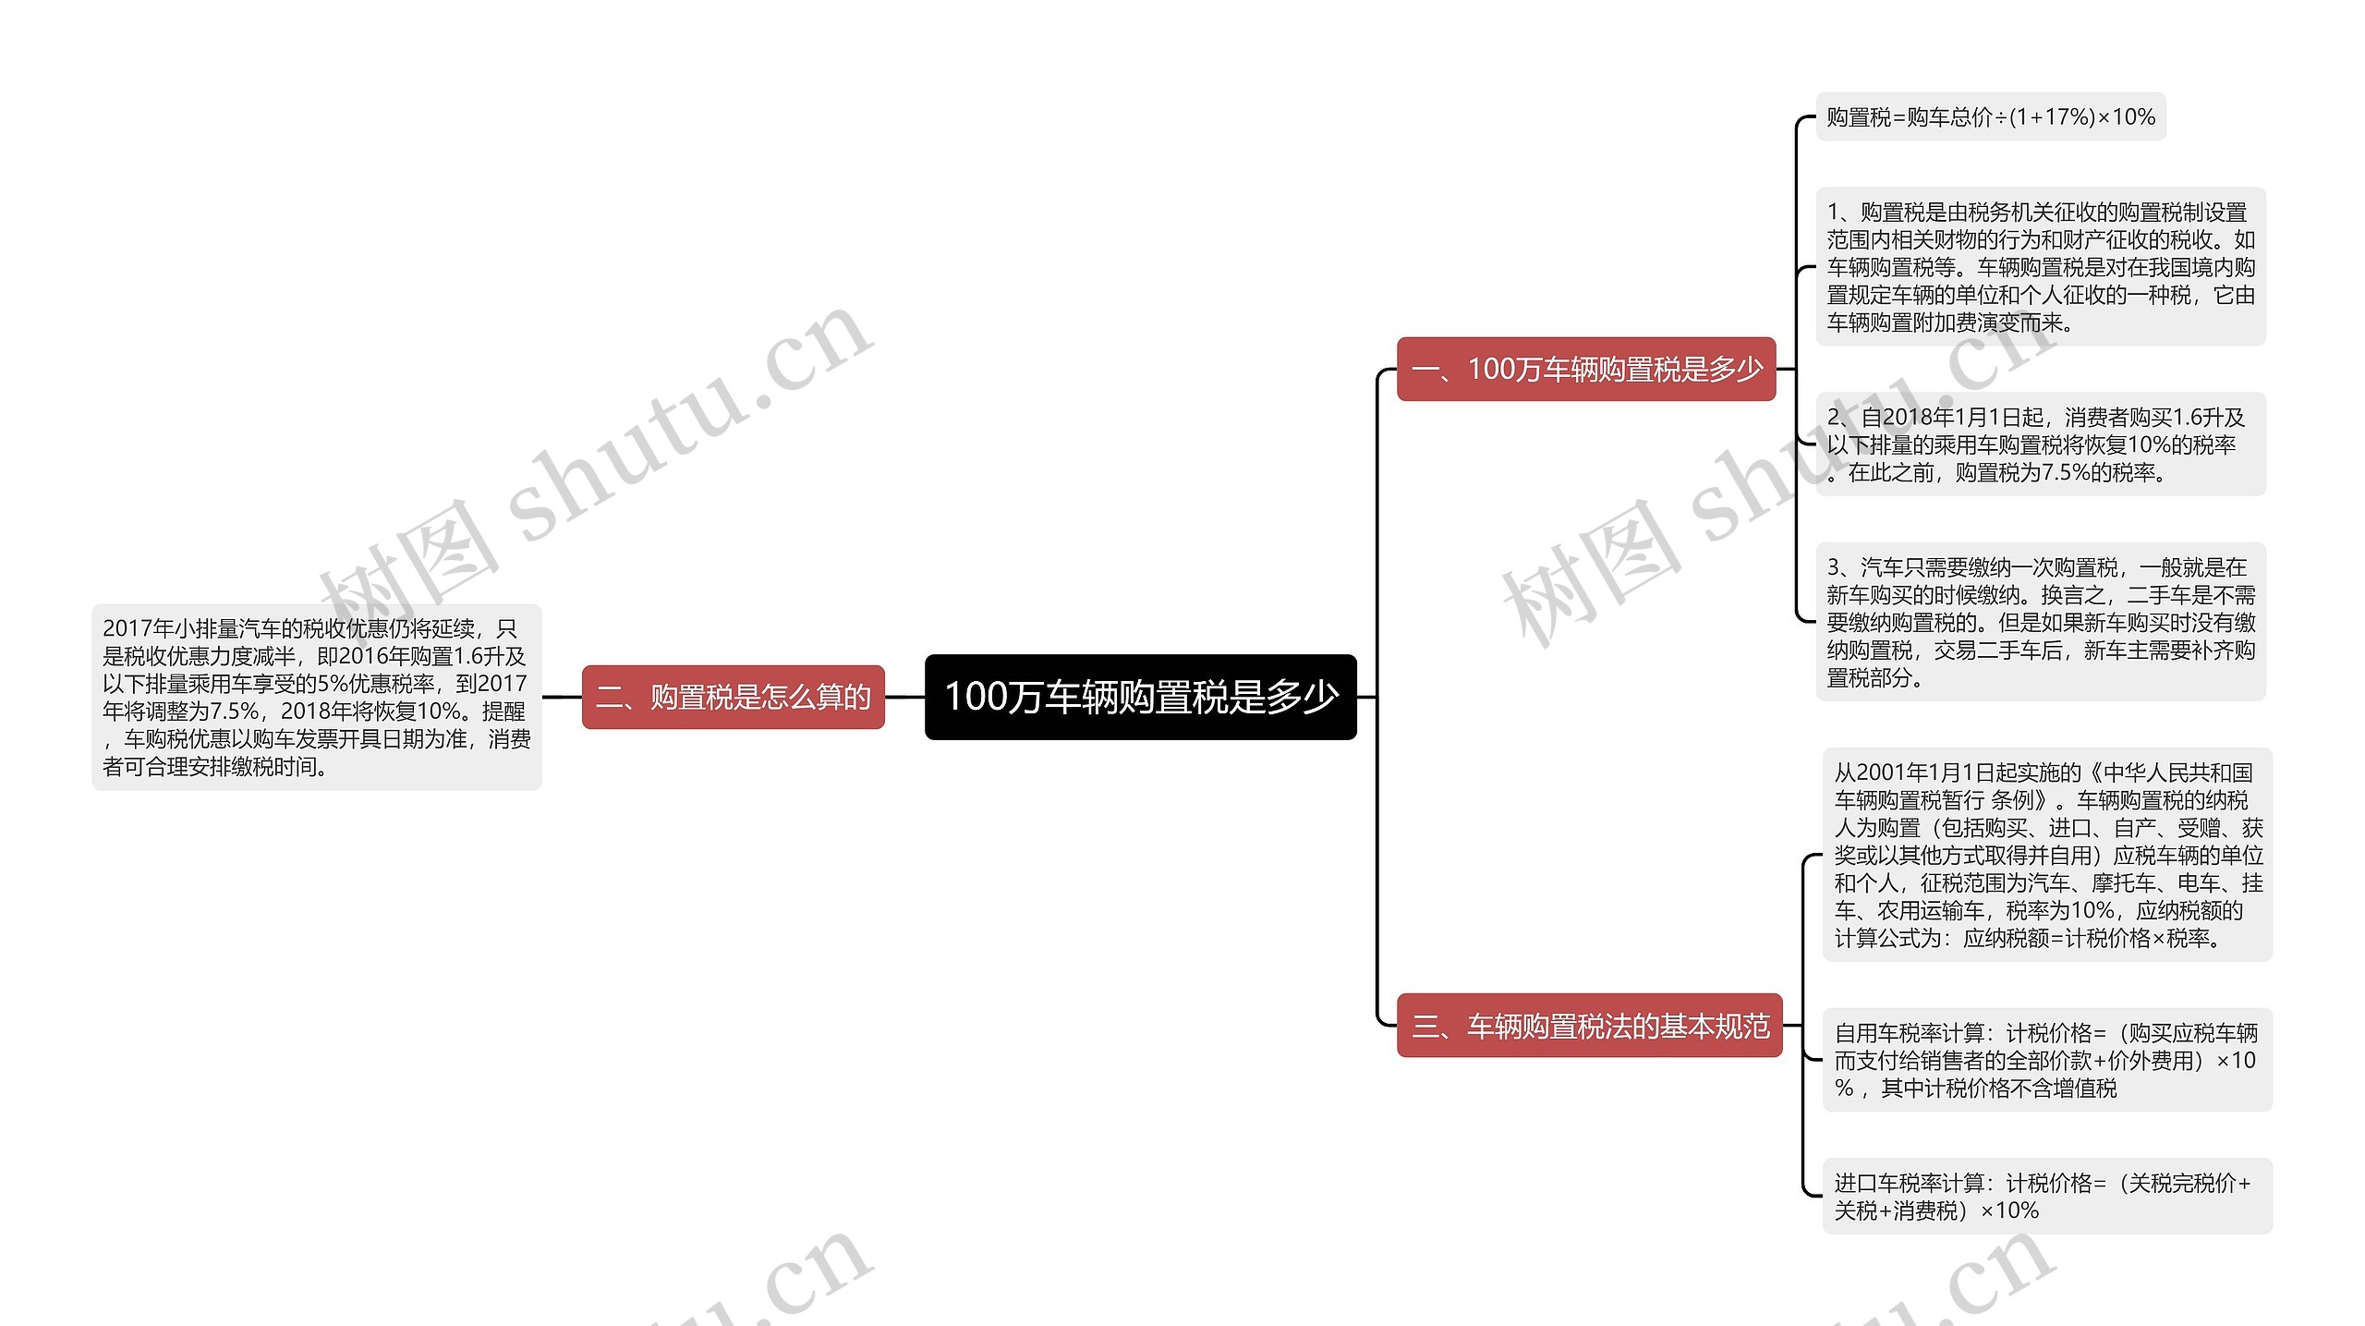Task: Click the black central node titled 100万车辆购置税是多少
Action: point(1140,697)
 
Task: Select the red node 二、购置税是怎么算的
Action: point(733,697)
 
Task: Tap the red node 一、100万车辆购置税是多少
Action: point(1585,369)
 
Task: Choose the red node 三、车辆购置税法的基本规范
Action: point(1589,1025)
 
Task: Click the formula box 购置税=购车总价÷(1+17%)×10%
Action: point(1990,117)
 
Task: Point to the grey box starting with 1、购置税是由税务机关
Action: point(2040,267)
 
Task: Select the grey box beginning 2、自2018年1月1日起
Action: point(2040,444)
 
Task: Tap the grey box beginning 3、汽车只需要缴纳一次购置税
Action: point(2040,622)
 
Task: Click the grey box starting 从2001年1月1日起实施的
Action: point(2046,855)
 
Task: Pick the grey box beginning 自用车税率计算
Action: point(2046,1060)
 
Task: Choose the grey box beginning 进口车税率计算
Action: point(2046,1196)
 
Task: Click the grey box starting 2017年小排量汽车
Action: point(316,697)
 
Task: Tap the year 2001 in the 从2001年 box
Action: point(1881,772)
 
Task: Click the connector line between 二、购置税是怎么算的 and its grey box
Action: point(562,697)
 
